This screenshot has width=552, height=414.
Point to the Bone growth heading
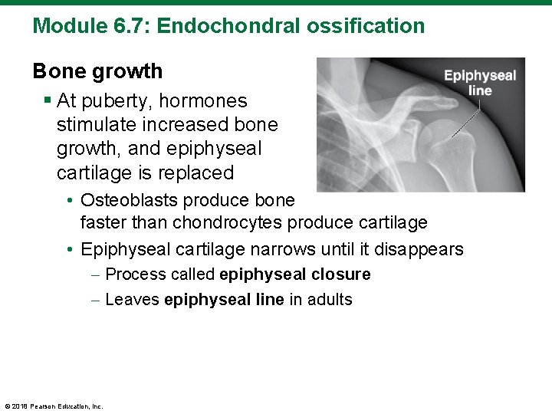(97, 71)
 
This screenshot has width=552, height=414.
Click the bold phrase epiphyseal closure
(294, 274)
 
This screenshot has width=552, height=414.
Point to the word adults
(330, 300)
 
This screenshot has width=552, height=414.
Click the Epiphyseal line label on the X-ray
(480, 83)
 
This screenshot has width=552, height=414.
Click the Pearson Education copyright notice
(54, 406)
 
